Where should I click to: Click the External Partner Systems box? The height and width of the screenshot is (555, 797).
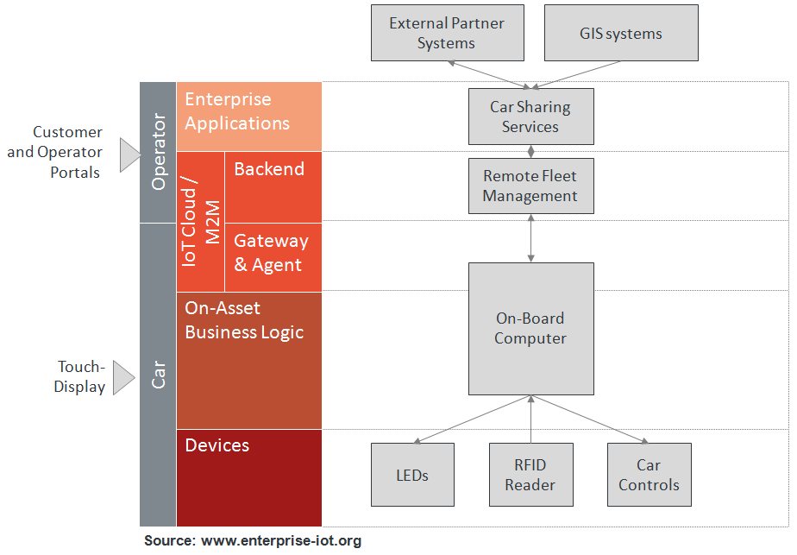(446, 33)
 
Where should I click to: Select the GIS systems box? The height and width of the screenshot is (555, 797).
(621, 33)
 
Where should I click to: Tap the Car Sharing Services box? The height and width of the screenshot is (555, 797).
(530, 117)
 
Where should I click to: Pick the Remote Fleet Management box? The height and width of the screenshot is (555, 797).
(530, 186)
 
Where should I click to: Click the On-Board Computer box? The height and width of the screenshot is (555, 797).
(530, 329)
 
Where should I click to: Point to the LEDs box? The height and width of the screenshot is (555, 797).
(412, 475)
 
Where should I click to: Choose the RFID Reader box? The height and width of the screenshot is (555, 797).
(530, 475)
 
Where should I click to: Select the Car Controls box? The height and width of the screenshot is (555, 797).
(649, 475)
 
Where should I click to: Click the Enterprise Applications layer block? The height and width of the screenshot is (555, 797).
(248, 117)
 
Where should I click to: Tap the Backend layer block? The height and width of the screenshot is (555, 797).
(273, 186)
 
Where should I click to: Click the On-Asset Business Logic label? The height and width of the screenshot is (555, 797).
(244, 320)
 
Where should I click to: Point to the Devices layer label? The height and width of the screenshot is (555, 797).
(217, 445)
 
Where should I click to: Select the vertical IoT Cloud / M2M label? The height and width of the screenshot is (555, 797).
(201, 221)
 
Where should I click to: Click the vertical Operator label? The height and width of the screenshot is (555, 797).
(158, 153)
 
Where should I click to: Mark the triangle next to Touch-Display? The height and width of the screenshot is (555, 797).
(124, 377)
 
